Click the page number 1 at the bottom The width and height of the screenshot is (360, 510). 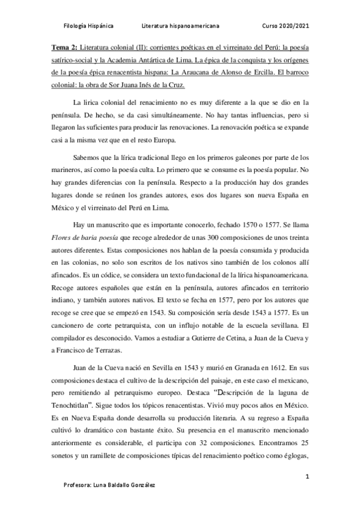pyautogui.click(x=307, y=476)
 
